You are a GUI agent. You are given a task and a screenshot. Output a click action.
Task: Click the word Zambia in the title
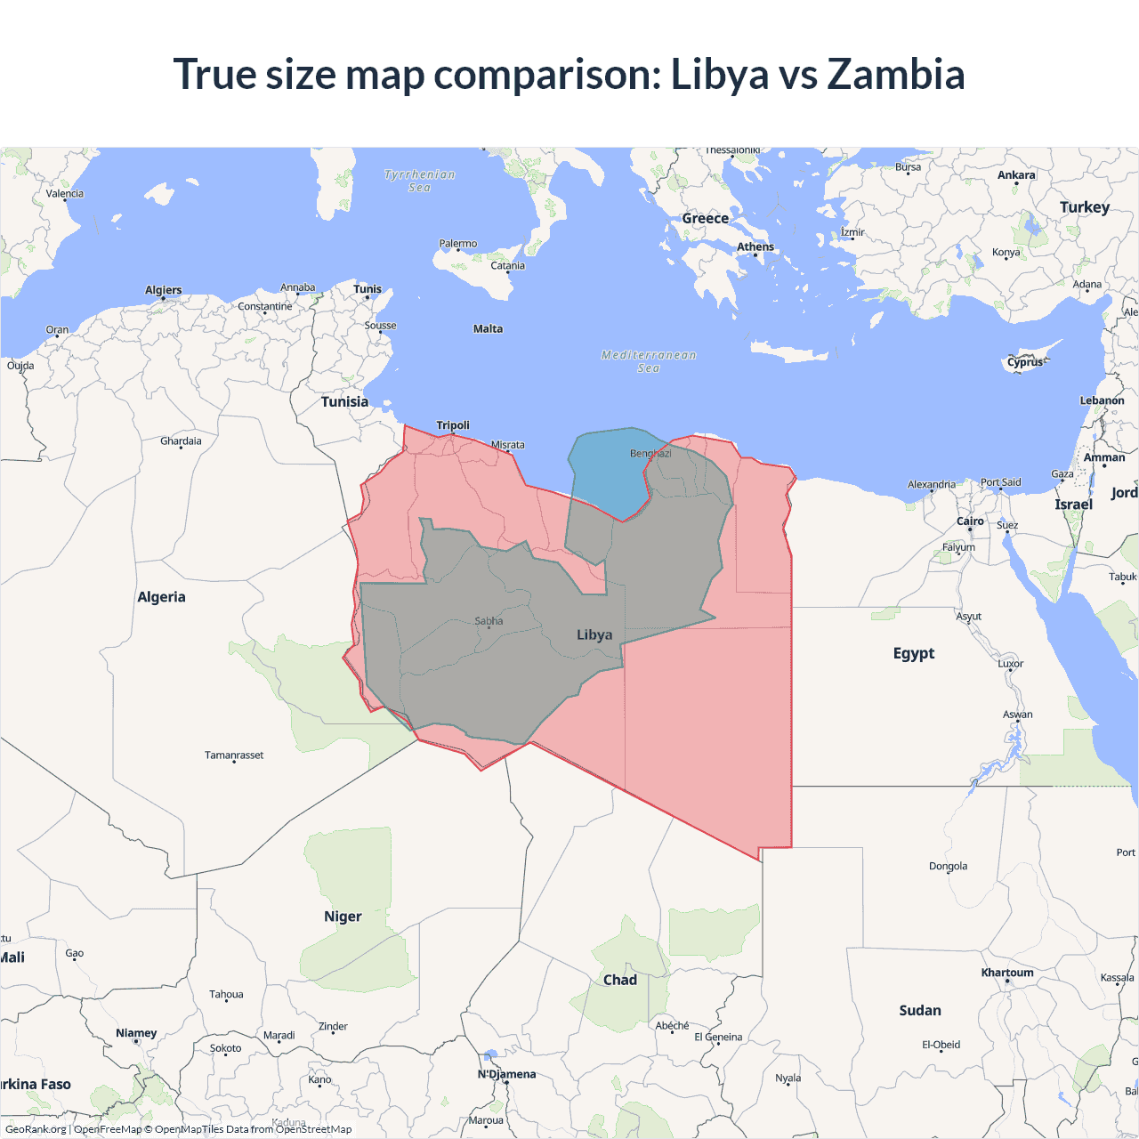pos(895,75)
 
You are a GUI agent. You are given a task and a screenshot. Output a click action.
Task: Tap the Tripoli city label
pos(453,425)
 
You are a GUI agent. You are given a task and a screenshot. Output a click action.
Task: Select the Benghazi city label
pos(650,454)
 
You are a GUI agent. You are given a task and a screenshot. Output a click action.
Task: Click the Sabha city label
pos(489,621)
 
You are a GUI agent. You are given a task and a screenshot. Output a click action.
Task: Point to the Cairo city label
pos(970,521)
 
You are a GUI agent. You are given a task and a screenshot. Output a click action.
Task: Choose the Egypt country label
pos(914,653)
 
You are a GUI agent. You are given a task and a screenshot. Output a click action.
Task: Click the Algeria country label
pos(161,597)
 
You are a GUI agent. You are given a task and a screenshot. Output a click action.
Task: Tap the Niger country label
pos(343,917)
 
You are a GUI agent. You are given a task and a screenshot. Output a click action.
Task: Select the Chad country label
pos(620,980)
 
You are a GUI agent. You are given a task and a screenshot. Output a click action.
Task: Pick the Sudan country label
pos(920,1011)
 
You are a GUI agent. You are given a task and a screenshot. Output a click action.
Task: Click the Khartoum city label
pos(1007,973)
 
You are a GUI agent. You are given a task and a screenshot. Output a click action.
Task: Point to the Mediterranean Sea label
pos(649,361)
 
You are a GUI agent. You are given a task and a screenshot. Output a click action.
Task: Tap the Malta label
pos(488,329)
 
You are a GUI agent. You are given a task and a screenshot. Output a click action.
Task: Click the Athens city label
pos(755,247)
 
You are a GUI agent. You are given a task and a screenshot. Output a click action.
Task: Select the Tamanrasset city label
pos(234,755)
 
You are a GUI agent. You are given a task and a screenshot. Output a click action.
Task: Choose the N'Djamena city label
pos(506,1074)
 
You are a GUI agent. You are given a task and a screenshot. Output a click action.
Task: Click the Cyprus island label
pos(1025,362)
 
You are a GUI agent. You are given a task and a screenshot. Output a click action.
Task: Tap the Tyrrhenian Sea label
pos(420,181)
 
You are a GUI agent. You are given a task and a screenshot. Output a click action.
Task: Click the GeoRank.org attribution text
pos(36,1129)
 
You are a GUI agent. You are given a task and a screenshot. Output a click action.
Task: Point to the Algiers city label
pos(163,290)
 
